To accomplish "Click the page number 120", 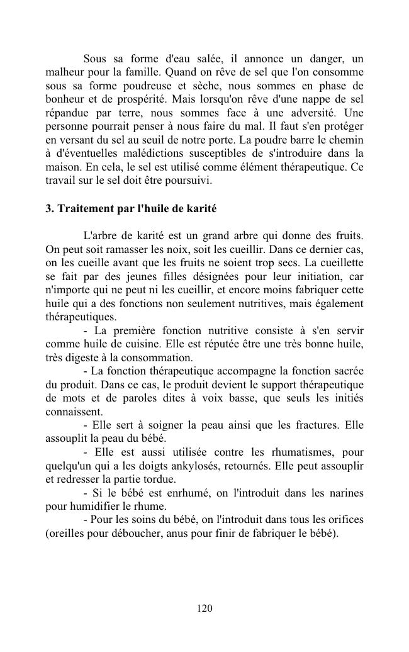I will pyautogui.click(x=204, y=608).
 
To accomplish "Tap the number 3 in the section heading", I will pyautogui.click(x=49, y=208).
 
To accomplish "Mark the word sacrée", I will pyautogui.click(x=345, y=371).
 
